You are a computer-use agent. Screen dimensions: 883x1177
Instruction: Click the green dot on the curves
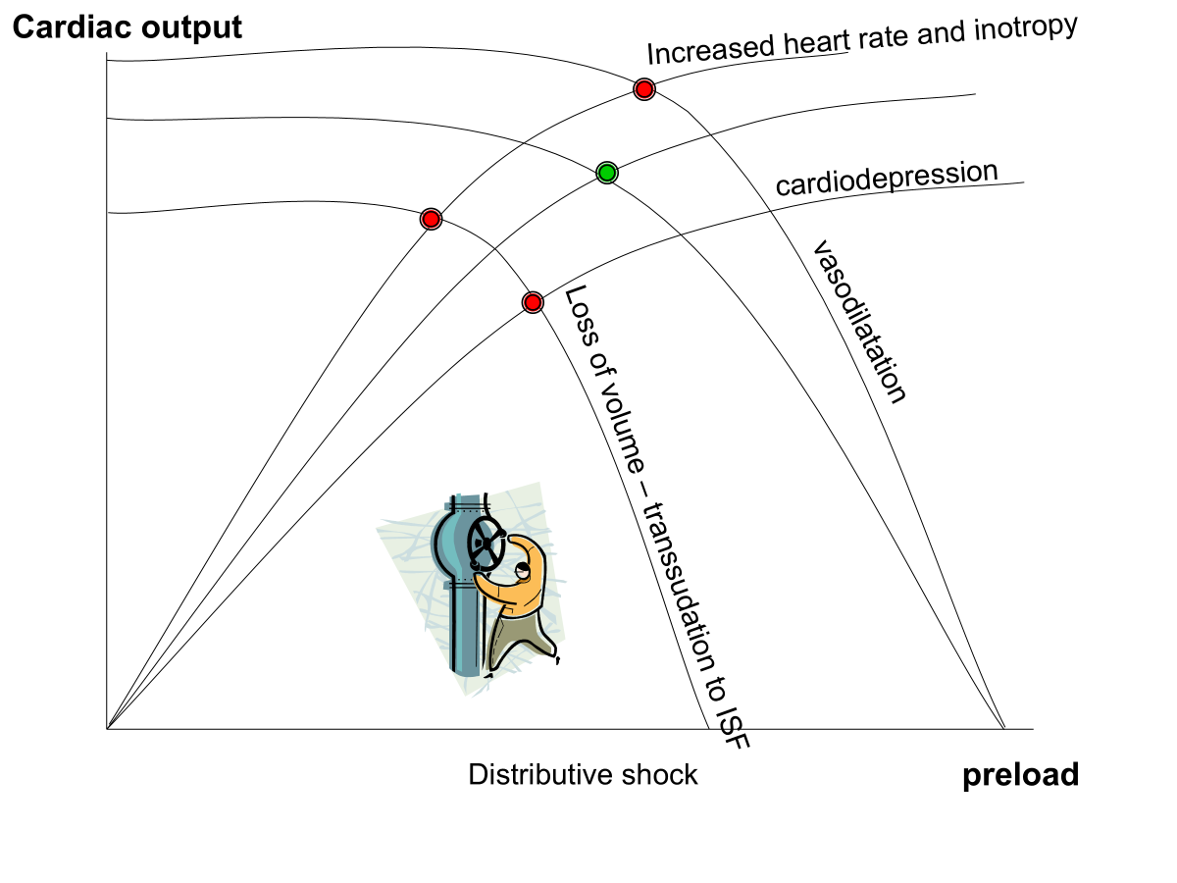point(607,174)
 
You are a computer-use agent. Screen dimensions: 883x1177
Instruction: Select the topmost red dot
point(643,89)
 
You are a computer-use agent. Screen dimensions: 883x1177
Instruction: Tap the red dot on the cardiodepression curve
point(533,301)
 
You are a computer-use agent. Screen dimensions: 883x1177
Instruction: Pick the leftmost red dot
point(431,219)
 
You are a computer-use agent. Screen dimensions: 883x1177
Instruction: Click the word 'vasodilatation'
point(857,321)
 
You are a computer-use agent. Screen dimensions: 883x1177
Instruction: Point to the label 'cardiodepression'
point(887,179)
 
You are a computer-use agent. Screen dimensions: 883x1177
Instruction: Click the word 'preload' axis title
point(1020,775)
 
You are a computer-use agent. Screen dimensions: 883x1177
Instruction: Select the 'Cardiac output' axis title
point(127,27)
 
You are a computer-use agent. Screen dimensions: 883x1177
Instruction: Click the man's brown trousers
point(520,638)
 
